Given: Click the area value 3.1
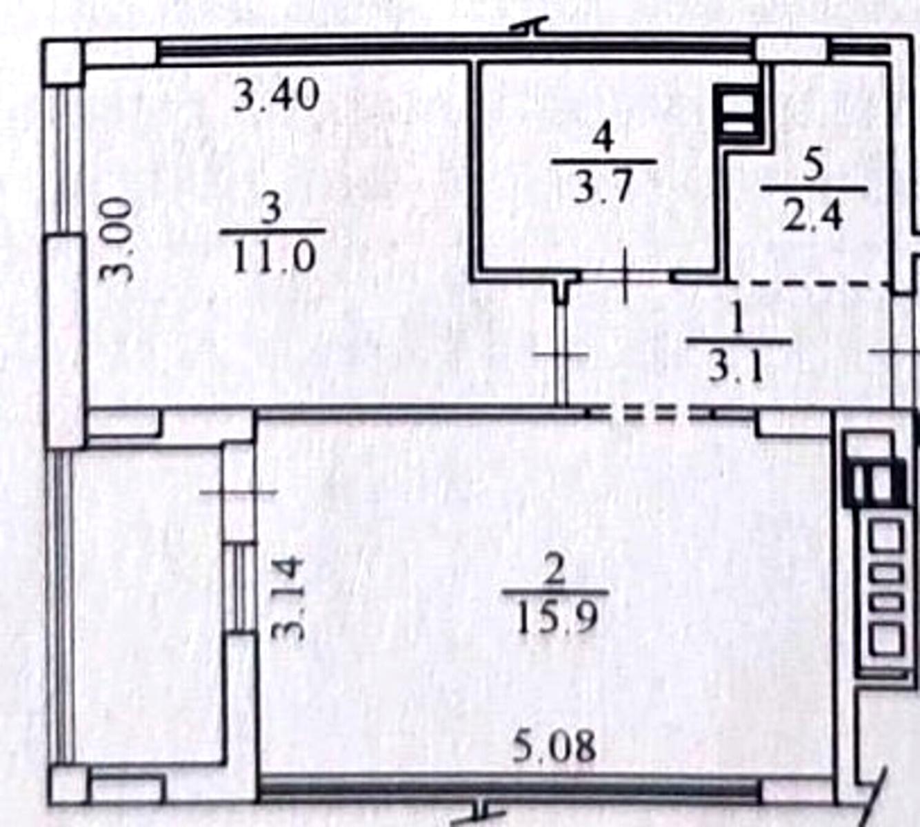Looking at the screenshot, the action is click(x=736, y=366).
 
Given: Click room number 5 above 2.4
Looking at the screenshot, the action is click(x=814, y=168).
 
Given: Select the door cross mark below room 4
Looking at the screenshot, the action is click(x=625, y=276).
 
